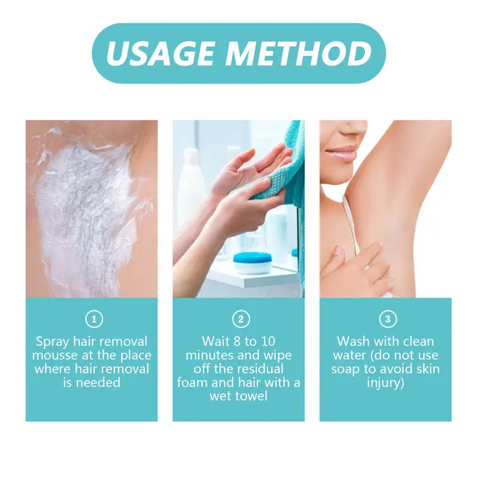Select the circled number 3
point(387,319)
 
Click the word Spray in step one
point(52,342)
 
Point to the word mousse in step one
point(54,355)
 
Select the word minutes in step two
point(209,355)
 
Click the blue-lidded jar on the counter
point(253,262)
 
